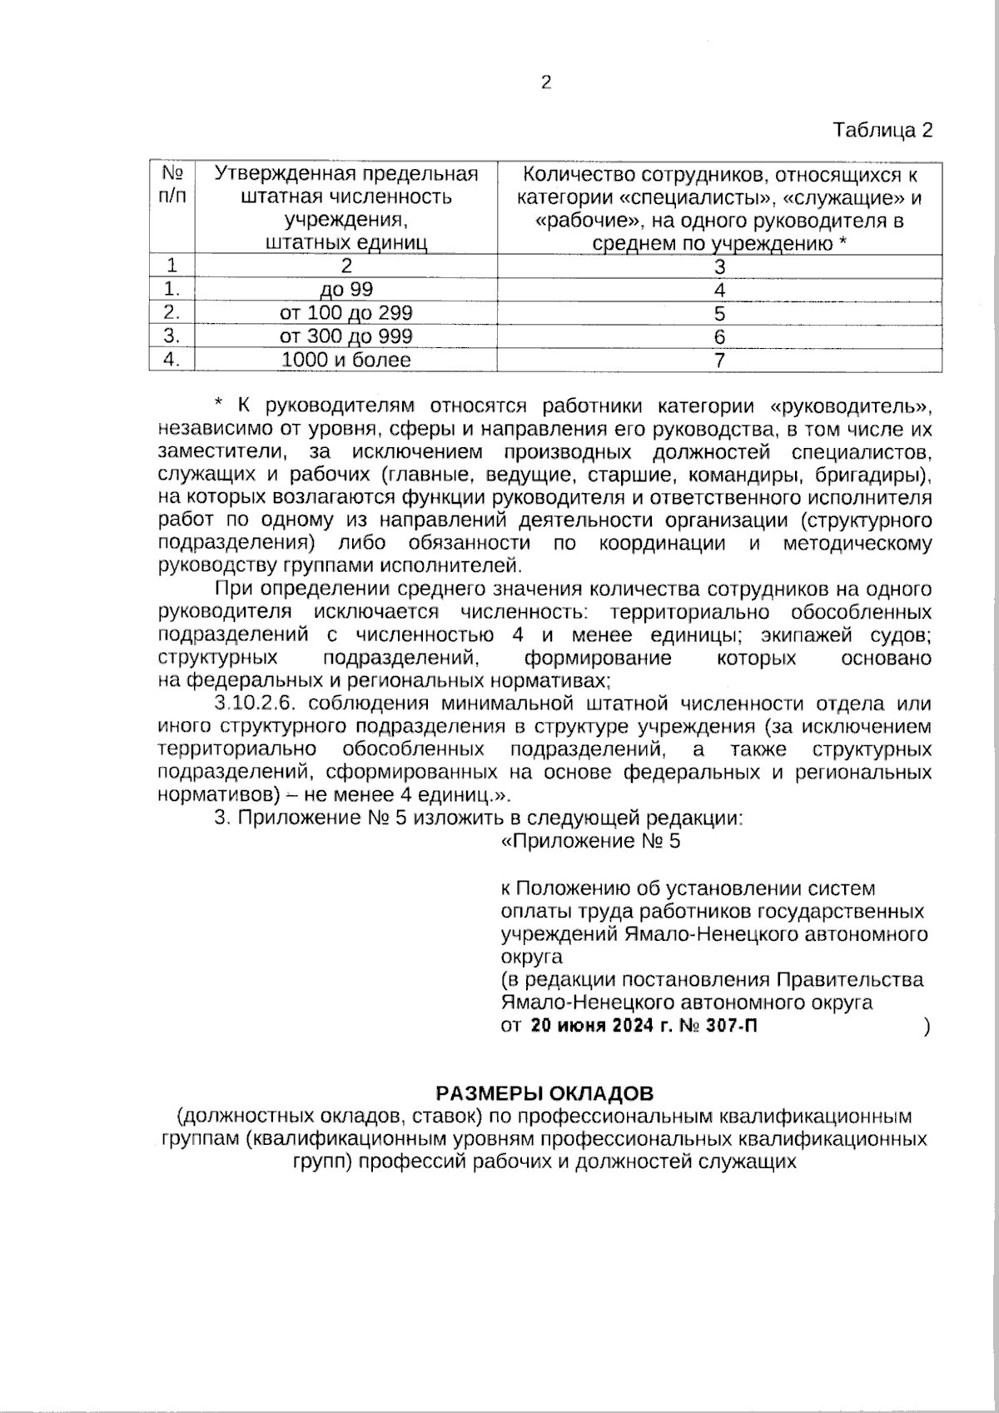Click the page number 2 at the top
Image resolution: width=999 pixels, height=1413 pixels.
pyautogui.click(x=546, y=82)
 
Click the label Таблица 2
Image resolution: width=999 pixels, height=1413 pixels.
pyautogui.click(x=882, y=131)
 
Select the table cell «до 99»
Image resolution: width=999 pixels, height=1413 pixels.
pyautogui.click(x=345, y=290)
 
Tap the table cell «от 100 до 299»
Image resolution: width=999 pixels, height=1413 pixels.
pyautogui.click(x=345, y=313)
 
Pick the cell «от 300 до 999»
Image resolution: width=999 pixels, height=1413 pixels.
pyautogui.click(x=345, y=336)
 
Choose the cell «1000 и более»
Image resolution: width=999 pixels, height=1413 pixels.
pyautogui.click(x=345, y=360)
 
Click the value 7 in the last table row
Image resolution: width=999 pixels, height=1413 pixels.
pyautogui.click(x=719, y=360)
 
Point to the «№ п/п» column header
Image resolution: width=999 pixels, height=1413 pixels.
pyautogui.click(x=171, y=186)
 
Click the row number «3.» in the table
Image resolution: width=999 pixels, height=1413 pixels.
pyautogui.click(x=171, y=336)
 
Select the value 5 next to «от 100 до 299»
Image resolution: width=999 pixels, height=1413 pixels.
pyautogui.click(x=719, y=313)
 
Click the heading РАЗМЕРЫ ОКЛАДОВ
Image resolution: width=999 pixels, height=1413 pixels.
pyautogui.click(x=545, y=1092)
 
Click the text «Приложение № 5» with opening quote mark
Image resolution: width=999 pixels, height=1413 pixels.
pyautogui.click(x=591, y=841)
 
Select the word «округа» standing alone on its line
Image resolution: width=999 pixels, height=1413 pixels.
pyautogui.click(x=531, y=956)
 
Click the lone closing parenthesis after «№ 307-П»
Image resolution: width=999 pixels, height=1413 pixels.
pyautogui.click(x=927, y=1027)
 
